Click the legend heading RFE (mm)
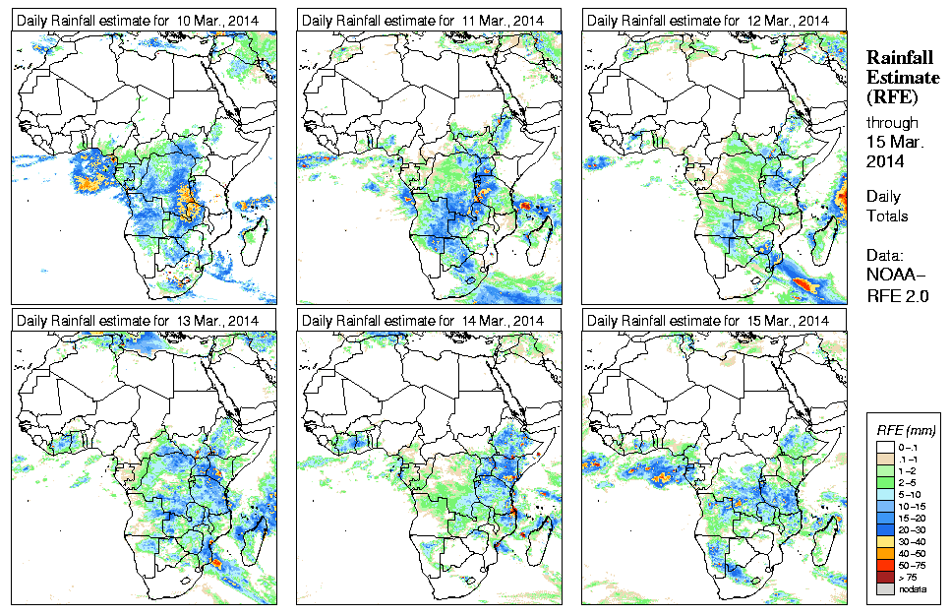pos(906,430)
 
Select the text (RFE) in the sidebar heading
pos(891,97)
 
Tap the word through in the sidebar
pos(892,123)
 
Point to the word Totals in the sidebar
pos(887,215)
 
